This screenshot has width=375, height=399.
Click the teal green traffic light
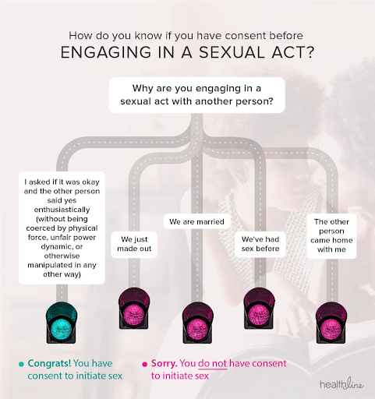62,323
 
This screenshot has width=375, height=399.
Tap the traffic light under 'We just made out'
134,309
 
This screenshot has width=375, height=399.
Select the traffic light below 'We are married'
198,323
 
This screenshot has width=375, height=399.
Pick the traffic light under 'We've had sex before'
259,309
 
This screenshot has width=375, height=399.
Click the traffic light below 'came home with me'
331,323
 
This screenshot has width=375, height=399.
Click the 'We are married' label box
196,221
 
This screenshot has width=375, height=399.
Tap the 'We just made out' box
134,244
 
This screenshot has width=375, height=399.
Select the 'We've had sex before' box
260,244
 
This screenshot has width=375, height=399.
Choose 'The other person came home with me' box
331,235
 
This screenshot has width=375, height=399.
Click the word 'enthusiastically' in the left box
62,210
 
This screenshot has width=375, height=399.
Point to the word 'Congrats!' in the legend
49,363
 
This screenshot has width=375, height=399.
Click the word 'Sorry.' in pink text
165,363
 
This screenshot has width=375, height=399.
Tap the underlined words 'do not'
212,363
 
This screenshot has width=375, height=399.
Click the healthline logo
341,383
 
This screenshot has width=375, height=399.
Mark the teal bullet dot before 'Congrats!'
21,364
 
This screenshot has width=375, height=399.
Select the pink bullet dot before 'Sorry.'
145,364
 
